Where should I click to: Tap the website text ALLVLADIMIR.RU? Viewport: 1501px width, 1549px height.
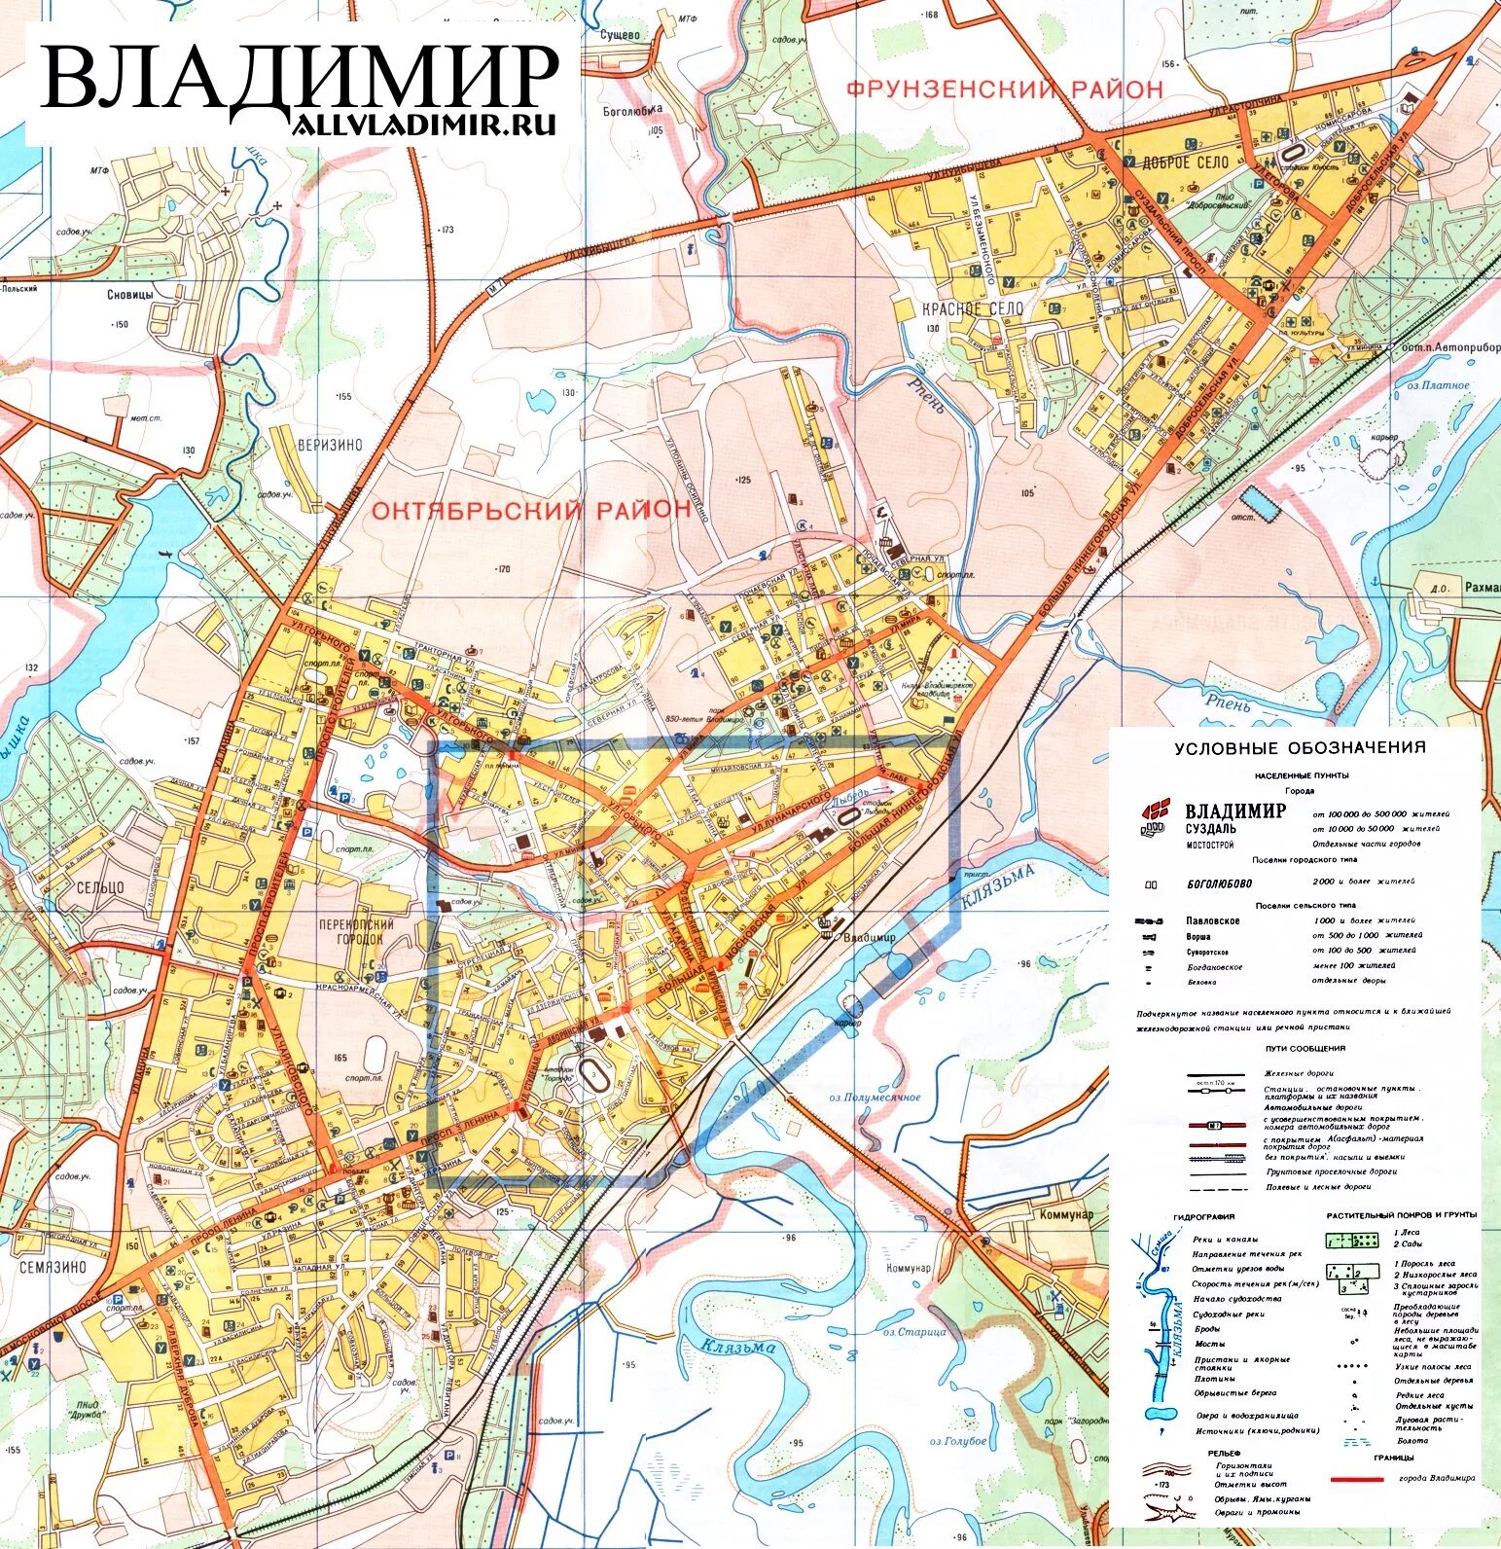[x=423, y=125]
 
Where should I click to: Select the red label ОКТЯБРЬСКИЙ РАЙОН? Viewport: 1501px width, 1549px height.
[x=531, y=510]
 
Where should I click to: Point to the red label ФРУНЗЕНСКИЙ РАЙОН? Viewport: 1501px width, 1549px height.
[x=1003, y=90]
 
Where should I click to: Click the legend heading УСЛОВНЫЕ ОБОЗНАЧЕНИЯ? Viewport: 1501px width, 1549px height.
[x=1300, y=747]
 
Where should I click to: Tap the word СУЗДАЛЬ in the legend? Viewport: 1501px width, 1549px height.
[x=1211, y=828]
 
